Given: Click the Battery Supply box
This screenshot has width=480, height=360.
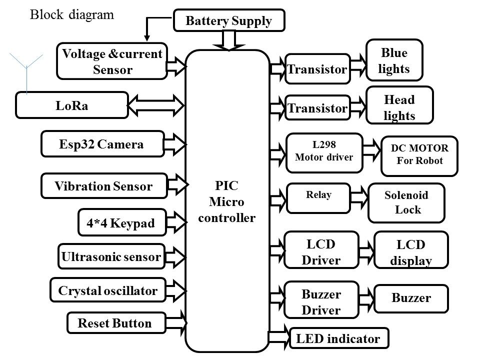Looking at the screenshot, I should pos(229,20).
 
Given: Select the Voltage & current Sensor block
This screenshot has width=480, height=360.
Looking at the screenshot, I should pos(112,61).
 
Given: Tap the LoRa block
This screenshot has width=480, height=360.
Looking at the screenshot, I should pos(72,105).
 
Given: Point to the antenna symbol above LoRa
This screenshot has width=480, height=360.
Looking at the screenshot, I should pos(26,70).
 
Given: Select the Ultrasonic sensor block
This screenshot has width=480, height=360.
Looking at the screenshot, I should pos(111,257).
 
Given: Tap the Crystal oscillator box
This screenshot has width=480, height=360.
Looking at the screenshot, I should pos(108,290).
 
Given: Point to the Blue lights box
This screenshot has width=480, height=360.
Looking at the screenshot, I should pos(394,60).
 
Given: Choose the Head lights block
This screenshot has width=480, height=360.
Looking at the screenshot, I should pos(399,107).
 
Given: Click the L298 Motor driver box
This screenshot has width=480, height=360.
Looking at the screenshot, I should pos(324,150).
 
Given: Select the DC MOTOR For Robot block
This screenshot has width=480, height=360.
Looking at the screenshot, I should pos(419,155).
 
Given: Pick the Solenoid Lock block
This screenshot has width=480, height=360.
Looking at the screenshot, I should pos(406,202).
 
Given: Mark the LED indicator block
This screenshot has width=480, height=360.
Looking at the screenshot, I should pos(338,339).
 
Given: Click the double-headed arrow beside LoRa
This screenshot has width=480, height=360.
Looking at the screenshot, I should pos(157,104).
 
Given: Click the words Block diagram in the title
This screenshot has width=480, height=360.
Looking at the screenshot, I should pos(72,15).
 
